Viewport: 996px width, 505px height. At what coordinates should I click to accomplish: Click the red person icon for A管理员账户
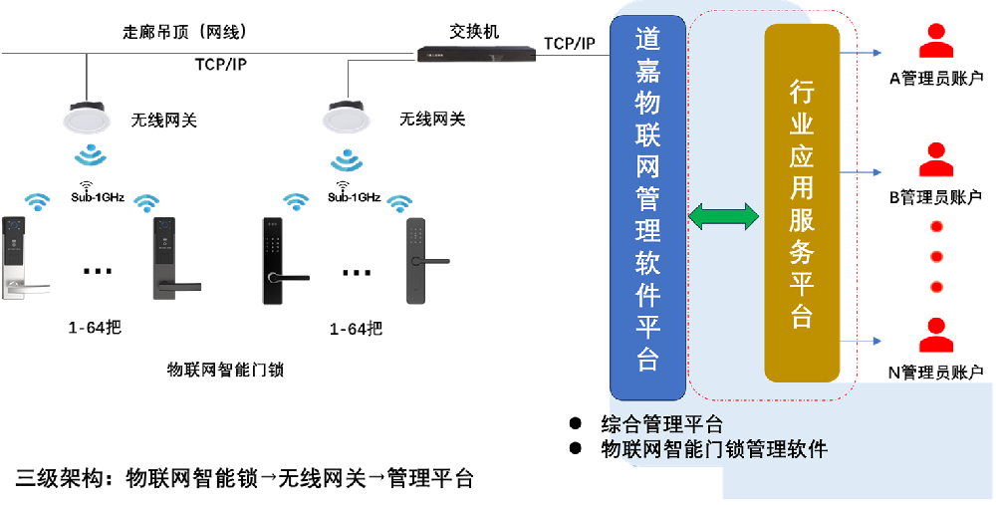(x=935, y=45)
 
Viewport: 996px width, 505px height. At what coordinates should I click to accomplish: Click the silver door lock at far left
(x=21, y=257)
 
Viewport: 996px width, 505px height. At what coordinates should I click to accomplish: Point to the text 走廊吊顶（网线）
(x=178, y=33)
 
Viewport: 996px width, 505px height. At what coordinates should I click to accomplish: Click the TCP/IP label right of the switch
(x=570, y=43)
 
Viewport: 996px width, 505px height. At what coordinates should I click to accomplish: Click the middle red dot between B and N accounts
(x=935, y=257)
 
